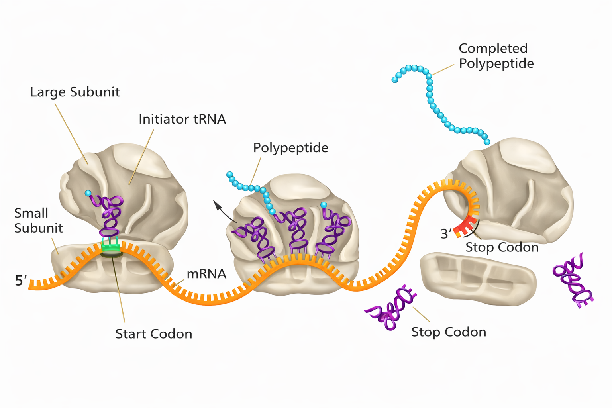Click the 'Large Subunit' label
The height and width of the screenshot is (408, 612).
pos(75,92)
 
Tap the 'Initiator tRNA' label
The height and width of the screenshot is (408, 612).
pos(182,119)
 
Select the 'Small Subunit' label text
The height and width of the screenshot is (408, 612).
pos(38,220)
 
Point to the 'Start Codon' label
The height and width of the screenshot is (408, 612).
pos(153,333)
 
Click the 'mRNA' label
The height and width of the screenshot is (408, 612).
pos(206,274)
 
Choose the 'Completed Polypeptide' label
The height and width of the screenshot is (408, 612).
pos(496,56)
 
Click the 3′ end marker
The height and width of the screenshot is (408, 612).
pos(446,233)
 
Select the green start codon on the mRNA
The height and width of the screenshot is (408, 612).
pos(110,247)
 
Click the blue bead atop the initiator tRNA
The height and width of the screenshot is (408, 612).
pos(88,194)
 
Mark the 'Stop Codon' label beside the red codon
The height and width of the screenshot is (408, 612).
pos(502,247)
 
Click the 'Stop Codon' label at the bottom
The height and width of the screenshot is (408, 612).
pos(449,332)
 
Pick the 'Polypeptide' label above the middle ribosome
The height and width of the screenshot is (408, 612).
pos(290,148)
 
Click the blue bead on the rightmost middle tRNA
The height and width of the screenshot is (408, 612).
pos(324,205)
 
